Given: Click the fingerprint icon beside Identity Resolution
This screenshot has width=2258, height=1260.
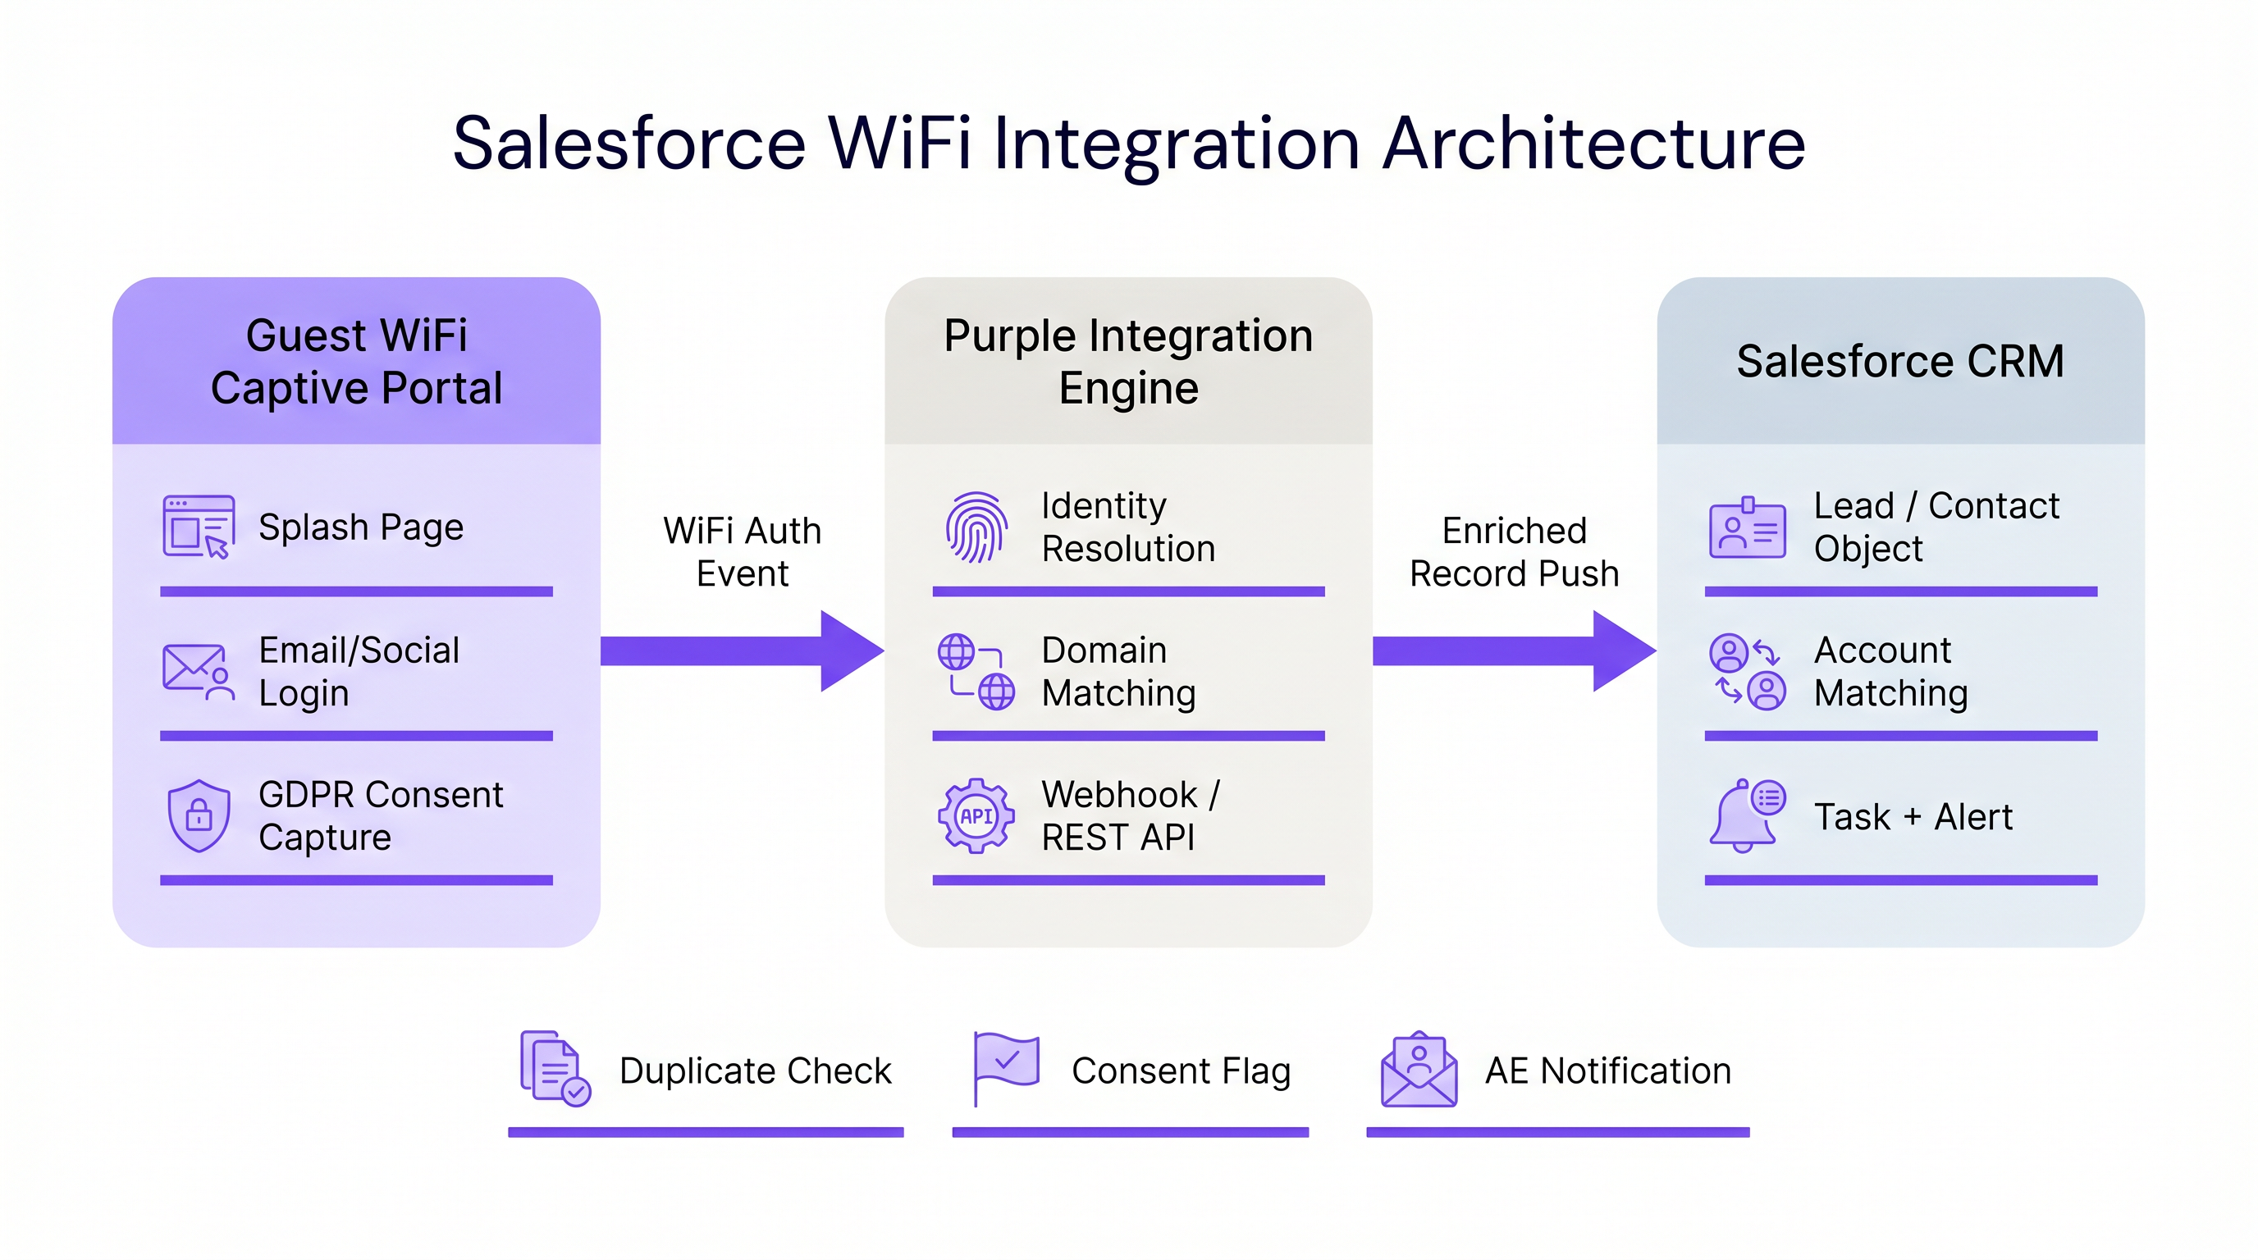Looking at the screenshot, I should pyautogui.click(x=976, y=527).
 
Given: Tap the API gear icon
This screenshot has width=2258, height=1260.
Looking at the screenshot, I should pyautogui.click(x=976, y=815).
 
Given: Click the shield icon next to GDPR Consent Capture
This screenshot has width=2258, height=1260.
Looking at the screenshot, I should pyautogui.click(x=199, y=815).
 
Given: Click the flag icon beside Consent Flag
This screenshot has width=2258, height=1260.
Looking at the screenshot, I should pyautogui.click(x=1006, y=1067).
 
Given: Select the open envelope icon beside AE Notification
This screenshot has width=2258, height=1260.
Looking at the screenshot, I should pyautogui.click(x=1419, y=1069).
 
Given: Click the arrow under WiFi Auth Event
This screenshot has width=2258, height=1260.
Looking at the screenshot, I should pyautogui.click(x=742, y=651).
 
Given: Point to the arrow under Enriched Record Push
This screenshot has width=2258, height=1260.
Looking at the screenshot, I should pyautogui.click(x=1514, y=651).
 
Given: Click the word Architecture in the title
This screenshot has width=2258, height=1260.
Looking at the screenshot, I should pyautogui.click(x=1593, y=143).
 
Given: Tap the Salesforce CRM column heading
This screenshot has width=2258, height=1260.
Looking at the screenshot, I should pyautogui.click(x=1900, y=361).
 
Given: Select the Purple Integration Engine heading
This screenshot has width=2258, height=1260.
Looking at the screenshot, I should pyautogui.click(x=1128, y=361).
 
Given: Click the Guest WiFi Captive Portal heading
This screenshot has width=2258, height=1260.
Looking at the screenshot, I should pyautogui.click(x=356, y=361).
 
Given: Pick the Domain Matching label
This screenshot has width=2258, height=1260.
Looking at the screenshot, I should pyautogui.click(x=1118, y=671).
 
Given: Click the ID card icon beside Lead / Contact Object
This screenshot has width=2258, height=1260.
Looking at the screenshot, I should pyautogui.click(x=1747, y=529).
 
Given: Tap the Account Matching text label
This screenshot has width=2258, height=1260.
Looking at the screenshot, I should pyautogui.click(x=1890, y=671).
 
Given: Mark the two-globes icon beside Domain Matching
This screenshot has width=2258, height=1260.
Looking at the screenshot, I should pyautogui.click(x=976, y=671).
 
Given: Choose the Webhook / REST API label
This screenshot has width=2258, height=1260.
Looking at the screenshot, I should pyautogui.click(x=1130, y=815).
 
